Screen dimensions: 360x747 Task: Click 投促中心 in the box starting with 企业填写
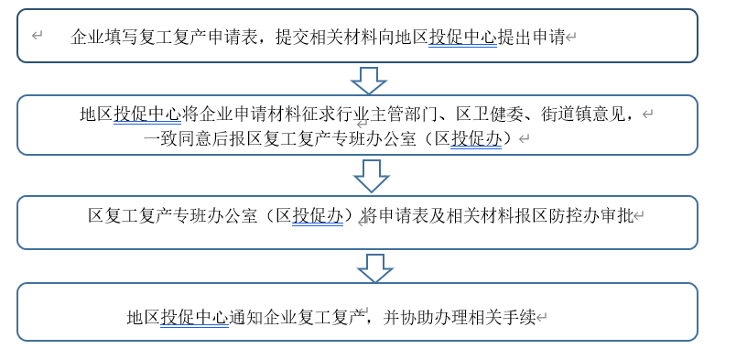click(x=462, y=37)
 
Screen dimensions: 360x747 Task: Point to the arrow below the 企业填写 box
click(x=369, y=80)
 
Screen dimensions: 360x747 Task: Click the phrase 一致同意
click(x=178, y=139)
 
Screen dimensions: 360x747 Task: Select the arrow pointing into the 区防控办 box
click(x=370, y=175)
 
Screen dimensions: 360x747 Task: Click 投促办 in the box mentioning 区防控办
click(x=318, y=216)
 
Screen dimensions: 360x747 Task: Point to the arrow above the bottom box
click(x=374, y=267)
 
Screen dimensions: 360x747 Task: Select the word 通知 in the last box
click(x=245, y=318)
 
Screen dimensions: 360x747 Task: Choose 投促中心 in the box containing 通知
click(x=194, y=318)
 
